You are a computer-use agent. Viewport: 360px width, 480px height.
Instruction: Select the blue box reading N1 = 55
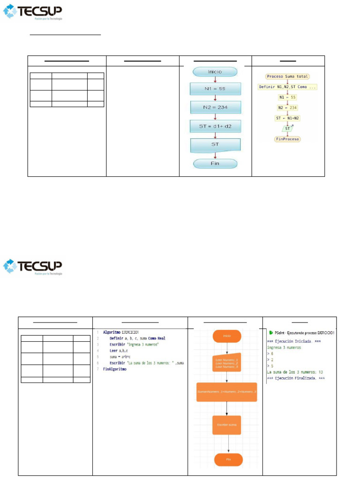(x=215, y=89)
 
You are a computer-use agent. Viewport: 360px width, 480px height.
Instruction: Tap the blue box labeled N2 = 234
(x=215, y=108)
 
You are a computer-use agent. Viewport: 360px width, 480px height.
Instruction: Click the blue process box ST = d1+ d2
(x=215, y=126)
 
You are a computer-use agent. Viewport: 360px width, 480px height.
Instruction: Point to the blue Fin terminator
(x=215, y=164)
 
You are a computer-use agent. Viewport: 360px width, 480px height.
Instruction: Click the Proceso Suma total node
(x=288, y=76)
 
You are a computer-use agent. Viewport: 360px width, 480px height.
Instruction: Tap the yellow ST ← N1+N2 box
(x=288, y=118)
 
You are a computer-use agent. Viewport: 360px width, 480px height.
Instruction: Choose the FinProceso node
(x=288, y=139)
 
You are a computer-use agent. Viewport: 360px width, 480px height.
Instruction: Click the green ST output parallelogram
(x=288, y=128)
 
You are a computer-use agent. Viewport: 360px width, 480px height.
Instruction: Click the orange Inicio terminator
(x=227, y=336)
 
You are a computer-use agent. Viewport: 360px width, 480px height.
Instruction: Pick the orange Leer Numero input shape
(x=227, y=362)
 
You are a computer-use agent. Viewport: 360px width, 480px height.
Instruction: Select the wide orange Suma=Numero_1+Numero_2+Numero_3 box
(x=227, y=392)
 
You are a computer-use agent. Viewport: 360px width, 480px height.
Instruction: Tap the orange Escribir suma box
(x=227, y=425)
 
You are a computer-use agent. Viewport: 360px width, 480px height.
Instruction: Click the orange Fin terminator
(x=228, y=459)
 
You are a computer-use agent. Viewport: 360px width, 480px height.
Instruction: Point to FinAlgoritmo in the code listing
(x=115, y=369)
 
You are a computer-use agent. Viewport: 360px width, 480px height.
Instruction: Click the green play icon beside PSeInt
(x=271, y=332)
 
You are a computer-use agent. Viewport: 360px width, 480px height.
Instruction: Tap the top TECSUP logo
(x=33, y=12)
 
